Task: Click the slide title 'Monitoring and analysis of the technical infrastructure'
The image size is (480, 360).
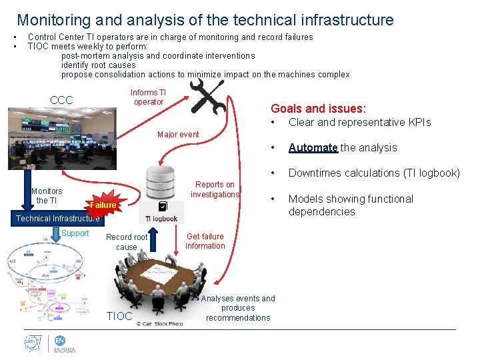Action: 205,20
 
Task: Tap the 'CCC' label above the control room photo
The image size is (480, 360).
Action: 61,100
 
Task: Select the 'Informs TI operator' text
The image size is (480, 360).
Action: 148,97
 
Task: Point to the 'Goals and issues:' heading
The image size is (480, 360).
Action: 318,109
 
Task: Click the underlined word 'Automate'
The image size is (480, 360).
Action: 313,148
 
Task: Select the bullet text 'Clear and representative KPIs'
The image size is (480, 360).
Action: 359,123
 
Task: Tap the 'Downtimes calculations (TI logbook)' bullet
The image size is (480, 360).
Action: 373,173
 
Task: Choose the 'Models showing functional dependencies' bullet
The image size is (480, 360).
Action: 351,205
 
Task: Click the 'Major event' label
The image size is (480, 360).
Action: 178,135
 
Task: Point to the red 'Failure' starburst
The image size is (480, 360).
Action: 103,205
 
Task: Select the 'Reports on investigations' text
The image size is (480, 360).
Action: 215,190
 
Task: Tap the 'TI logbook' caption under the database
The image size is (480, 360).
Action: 161,219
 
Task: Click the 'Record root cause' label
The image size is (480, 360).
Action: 127,242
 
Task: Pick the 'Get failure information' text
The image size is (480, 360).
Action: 205,241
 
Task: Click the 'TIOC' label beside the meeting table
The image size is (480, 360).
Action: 120,316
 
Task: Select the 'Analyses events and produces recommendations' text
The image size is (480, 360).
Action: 238,308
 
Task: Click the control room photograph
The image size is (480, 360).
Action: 61,139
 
